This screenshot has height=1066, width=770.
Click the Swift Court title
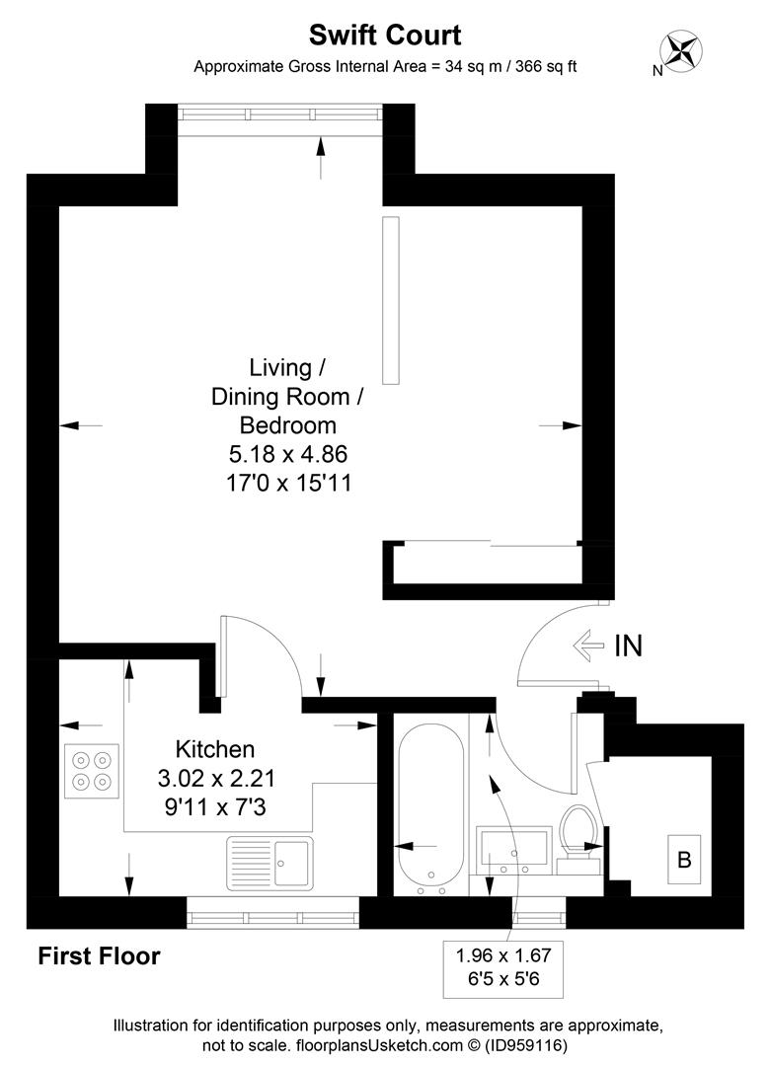(x=385, y=37)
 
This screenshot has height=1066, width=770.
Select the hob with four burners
(x=92, y=770)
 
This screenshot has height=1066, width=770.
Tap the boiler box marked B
(x=683, y=859)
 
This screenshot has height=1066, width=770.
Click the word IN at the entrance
(x=628, y=647)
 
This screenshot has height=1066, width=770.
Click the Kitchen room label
(x=215, y=749)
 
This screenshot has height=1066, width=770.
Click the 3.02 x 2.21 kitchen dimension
(x=215, y=779)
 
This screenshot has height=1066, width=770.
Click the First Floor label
(x=99, y=956)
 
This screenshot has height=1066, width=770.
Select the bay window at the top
(x=281, y=114)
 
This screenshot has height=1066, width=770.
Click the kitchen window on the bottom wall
(x=272, y=917)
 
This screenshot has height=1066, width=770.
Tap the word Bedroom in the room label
(x=287, y=425)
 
